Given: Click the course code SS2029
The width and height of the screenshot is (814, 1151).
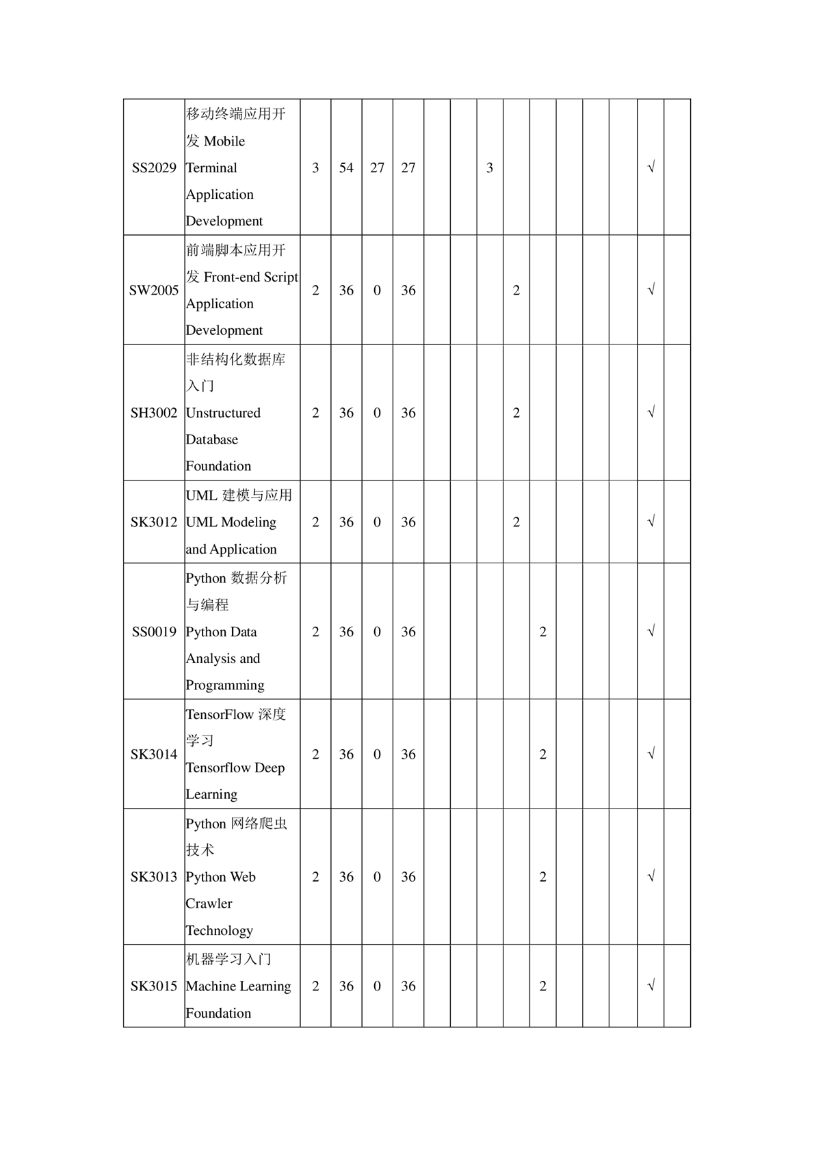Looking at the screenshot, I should (154, 168).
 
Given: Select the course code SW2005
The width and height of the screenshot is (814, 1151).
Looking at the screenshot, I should (154, 290).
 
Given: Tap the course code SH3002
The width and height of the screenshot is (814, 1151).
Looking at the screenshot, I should (154, 413).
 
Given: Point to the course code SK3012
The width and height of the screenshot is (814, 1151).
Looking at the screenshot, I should (154, 522).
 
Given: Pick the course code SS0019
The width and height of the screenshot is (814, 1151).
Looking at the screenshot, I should (154, 632).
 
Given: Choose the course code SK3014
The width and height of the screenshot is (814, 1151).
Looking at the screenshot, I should (154, 755).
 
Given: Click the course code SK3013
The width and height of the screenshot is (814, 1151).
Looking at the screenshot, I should (154, 877).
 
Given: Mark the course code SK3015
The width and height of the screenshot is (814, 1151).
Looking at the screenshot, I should (154, 986).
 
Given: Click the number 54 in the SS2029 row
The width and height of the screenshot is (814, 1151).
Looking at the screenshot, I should (346, 168).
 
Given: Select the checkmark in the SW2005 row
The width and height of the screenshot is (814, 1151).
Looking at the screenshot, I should (651, 290).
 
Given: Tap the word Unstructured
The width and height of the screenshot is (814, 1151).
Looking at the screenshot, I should (223, 413).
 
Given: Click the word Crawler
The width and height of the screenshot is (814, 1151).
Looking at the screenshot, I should (209, 904).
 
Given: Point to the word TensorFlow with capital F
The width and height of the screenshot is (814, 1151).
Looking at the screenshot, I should (220, 714).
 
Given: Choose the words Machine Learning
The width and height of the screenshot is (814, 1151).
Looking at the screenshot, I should (238, 986).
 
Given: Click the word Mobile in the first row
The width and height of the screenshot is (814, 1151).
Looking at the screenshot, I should (224, 141).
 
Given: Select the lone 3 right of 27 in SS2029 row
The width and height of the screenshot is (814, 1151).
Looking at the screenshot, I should (490, 168).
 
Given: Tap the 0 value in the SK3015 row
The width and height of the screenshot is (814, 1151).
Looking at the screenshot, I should (377, 986).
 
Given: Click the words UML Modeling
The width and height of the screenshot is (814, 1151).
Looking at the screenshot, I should (231, 522).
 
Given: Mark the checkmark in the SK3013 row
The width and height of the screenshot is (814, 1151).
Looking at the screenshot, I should (651, 876).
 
